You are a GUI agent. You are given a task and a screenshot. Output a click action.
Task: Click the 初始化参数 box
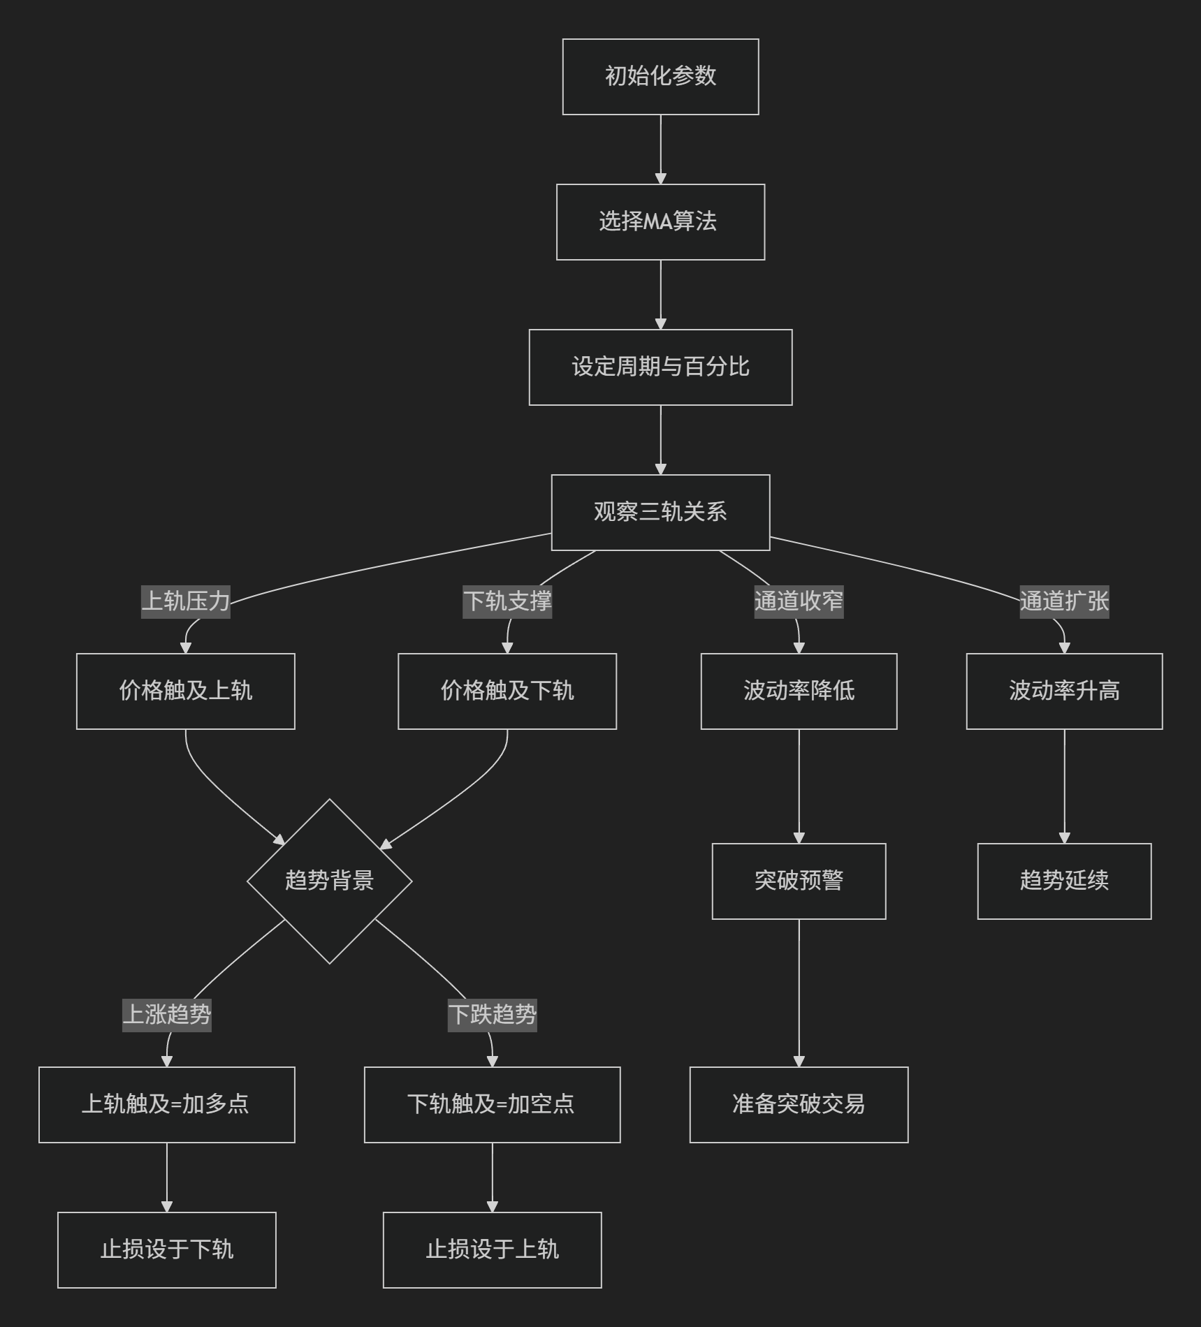(x=660, y=77)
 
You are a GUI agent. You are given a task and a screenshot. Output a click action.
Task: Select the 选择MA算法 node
(x=660, y=222)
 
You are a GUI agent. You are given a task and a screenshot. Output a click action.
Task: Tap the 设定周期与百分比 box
(x=660, y=367)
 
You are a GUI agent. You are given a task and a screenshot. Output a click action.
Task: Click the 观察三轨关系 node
(x=660, y=513)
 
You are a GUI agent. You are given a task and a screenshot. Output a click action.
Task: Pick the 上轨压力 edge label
(x=186, y=601)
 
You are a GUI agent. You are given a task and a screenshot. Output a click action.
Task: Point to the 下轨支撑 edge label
(x=507, y=601)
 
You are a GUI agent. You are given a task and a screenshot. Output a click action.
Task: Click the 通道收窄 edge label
(x=799, y=601)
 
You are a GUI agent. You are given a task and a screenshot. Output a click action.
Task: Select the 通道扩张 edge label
(x=1064, y=601)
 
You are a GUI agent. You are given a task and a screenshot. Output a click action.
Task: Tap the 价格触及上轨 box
(x=186, y=691)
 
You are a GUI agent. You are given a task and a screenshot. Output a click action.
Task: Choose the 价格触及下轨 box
(x=507, y=691)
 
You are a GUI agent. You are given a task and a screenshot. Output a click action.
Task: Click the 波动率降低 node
(x=799, y=691)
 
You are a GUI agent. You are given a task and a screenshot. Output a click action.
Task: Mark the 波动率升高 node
(x=1064, y=691)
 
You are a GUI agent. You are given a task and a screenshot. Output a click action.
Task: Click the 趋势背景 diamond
(x=330, y=881)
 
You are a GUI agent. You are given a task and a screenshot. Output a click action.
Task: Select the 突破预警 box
(x=799, y=881)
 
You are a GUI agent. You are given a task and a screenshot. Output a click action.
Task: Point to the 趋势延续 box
(x=1064, y=881)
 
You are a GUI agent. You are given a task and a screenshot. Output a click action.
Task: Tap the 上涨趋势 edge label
(x=167, y=1014)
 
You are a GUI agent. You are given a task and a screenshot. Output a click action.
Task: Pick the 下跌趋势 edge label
(x=493, y=1014)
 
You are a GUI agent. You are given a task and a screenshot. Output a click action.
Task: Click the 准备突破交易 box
(x=799, y=1105)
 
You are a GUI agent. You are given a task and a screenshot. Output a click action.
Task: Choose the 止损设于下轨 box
(x=167, y=1250)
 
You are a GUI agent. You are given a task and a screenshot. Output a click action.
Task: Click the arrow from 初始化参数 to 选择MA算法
(x=660, y=149)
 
